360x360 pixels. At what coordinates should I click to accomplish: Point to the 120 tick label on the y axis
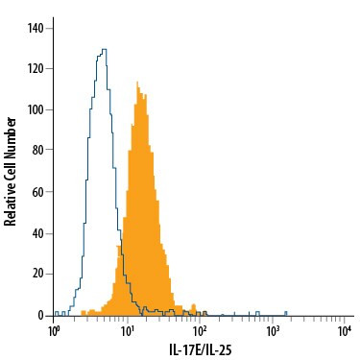36,68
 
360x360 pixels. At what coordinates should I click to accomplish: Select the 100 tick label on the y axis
36,109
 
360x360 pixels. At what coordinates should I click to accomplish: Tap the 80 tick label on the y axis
38,151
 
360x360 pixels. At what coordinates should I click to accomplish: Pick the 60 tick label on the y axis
38,192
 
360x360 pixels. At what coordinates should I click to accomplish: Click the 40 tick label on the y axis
38,233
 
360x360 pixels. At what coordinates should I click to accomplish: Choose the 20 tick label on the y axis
38,275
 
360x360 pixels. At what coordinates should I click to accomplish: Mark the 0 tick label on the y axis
41,316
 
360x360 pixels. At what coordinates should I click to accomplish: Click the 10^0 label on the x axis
54,330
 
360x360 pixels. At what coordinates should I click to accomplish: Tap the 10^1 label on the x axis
127,330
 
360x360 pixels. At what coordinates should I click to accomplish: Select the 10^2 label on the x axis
200,330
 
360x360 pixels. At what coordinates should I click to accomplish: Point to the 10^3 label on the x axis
273,330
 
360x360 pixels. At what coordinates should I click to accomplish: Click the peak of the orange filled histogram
138,88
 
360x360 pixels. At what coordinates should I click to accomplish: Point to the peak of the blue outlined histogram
103,49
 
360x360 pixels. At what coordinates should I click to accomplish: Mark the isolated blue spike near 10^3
286,312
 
